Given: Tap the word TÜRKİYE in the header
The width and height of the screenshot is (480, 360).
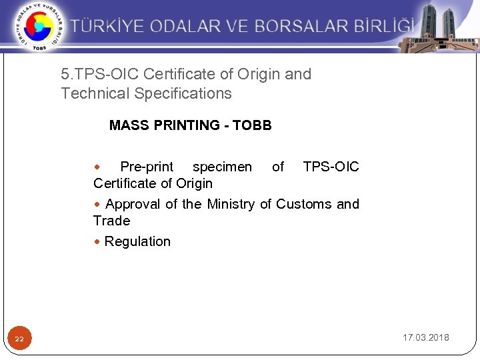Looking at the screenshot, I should point(107,27).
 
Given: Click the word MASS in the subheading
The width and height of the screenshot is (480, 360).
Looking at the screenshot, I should point(127,125).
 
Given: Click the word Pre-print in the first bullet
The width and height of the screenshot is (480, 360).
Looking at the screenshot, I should point(147,167).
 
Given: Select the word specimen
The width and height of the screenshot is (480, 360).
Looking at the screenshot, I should point(222,167).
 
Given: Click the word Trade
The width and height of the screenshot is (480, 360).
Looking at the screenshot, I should point(111,221).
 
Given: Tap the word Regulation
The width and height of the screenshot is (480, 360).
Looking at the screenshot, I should point(137,241).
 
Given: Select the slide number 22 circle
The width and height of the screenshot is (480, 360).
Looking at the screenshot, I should point(19,339).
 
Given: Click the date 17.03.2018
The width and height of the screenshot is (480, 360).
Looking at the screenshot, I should point(425,337).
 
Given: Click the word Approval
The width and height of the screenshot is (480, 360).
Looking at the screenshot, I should point(133,204).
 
